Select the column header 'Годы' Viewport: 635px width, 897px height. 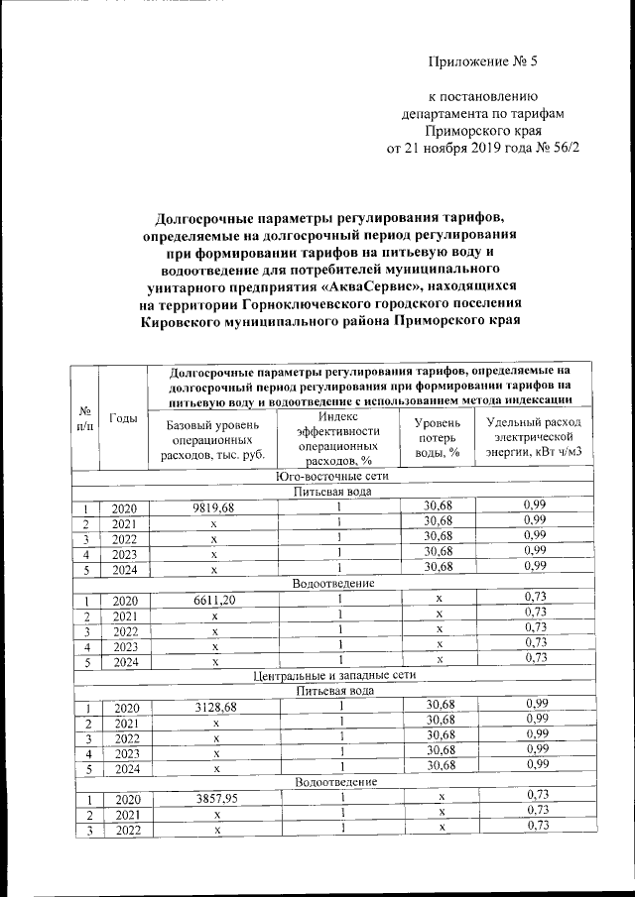123,418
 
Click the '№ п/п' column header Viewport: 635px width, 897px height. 86,418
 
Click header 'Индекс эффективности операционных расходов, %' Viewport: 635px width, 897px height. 338,438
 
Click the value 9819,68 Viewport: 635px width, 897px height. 211,508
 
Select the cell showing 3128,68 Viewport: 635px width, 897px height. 212,708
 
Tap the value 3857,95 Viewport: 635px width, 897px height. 212,799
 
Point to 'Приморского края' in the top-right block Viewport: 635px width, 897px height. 481,131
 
